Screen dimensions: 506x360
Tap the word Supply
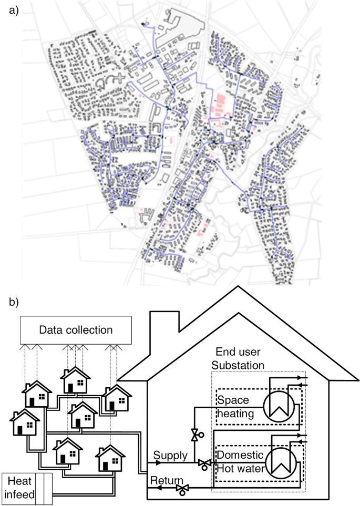tap(169, 456)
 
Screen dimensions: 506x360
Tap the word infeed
tap(19, 494)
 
